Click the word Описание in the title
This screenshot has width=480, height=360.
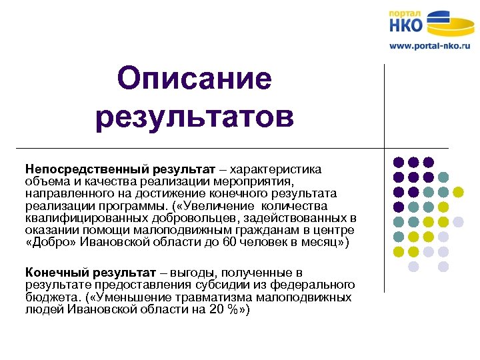tap(194, 79)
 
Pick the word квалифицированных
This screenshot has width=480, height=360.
tap(81, 217)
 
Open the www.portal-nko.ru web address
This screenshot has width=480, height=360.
tap(430, 47)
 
